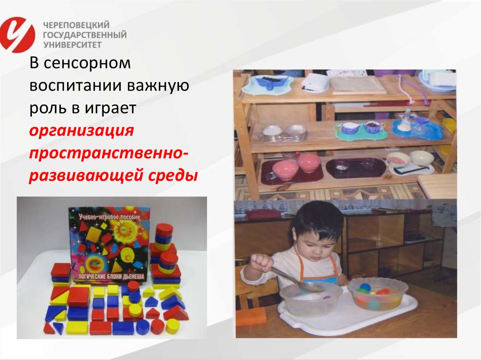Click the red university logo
(17, 34)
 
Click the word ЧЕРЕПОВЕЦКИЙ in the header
(76, 25)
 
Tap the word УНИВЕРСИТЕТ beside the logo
(72, 45)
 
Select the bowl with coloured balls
(378, 293)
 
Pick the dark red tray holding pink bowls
(292, 170)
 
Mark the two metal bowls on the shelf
(284, 132)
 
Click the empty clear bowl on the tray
(311, 299)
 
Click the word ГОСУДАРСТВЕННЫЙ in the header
(85, 35)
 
